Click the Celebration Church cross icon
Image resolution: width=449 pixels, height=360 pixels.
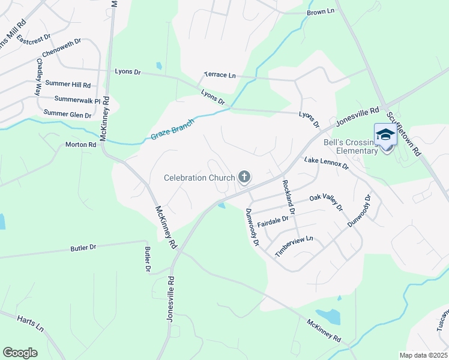(244, 176)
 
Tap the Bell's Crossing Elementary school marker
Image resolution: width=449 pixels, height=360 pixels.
(385, 134)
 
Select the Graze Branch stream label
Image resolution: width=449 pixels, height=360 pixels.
(172, 128)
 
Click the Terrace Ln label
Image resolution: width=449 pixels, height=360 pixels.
(220, 75)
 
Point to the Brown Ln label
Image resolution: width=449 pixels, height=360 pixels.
(320, 12)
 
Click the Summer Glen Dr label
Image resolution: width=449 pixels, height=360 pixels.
(67, 113)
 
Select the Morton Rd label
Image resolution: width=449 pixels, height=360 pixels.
(80, 145)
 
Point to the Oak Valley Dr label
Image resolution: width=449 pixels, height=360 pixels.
(325, 202)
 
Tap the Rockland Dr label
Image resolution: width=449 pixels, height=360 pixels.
(288, 197)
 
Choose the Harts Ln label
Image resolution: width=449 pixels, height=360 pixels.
(31, 324)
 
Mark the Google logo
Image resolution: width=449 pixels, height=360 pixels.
(20, 353)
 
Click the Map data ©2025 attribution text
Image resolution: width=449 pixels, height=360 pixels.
(423, 355)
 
